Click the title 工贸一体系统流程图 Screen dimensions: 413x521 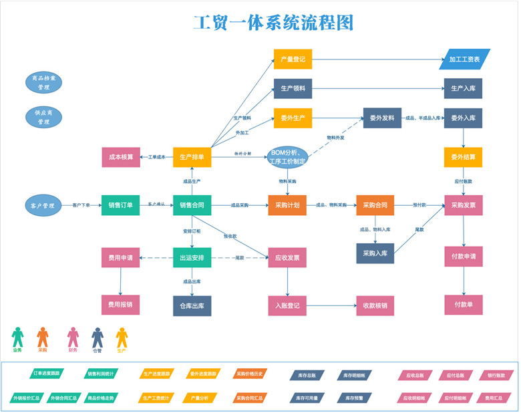273,23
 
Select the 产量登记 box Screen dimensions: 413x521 293,59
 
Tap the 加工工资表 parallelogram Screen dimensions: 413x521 464,59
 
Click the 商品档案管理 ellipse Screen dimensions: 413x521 44,82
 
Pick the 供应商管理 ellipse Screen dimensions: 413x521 44,118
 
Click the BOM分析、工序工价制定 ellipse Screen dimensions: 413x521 288,158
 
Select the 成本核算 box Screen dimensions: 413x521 121,157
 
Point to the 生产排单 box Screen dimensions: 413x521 192,157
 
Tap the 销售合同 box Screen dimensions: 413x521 192,205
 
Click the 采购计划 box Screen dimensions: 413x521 287,205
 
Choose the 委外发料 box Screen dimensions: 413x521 381,118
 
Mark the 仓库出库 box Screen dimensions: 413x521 192,305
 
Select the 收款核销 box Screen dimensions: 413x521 375,305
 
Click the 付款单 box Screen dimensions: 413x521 463,305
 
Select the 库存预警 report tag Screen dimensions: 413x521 354,398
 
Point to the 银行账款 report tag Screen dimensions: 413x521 495,376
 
